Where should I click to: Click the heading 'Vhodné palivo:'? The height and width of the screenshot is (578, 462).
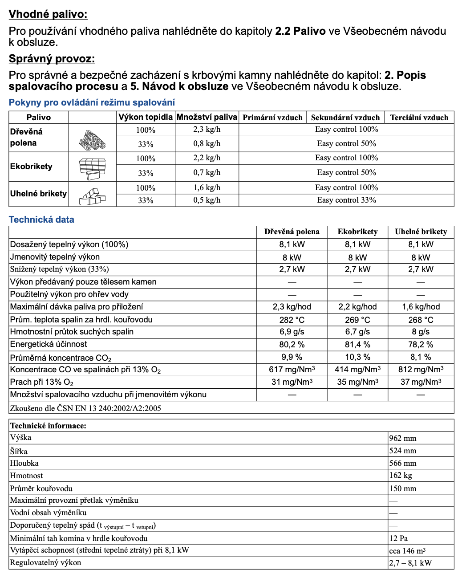coord(48,14)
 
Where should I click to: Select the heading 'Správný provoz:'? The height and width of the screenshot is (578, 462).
coord(52,59)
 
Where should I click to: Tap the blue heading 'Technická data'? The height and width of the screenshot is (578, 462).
coord(41,220)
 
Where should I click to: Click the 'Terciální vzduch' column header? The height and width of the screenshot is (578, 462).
coord(419,118)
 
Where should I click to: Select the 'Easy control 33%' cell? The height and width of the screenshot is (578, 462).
coord(346,200)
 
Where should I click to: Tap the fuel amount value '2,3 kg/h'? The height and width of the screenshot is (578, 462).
coord(207,129)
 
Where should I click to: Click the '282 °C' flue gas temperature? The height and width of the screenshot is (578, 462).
coord(292,320)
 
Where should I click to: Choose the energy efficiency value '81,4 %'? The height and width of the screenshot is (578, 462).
coord(357,345)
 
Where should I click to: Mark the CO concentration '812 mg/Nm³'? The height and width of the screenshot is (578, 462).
coord(421,370)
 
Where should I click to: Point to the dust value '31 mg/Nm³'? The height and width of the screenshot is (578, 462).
coord(292,382)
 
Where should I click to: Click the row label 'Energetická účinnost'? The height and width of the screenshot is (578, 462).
coord(49,344)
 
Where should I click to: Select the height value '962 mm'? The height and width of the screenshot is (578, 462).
coord(403,438)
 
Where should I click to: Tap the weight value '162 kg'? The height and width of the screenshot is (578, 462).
coord(401,475)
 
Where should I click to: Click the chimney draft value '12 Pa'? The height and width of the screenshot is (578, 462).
coord(398,538)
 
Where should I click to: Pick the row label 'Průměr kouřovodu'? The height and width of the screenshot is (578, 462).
coord(41,488)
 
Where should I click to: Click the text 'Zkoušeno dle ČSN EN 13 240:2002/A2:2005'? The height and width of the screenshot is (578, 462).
coord(85,408)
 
